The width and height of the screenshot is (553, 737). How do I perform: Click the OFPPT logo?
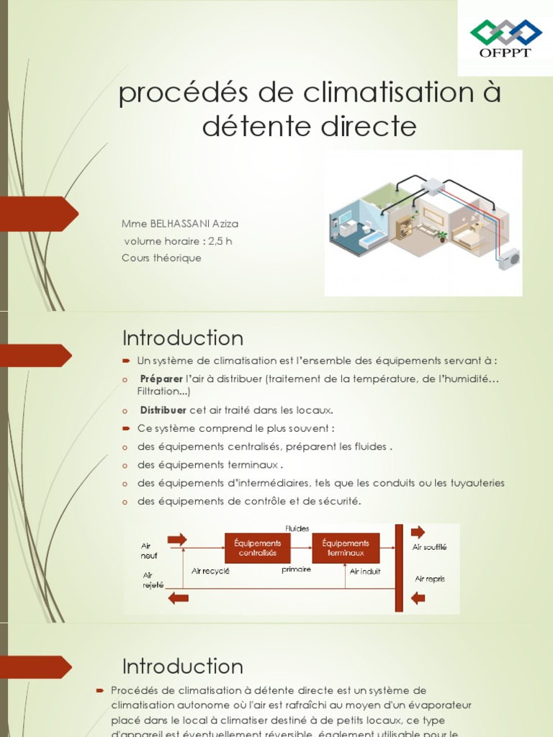click(505, 39)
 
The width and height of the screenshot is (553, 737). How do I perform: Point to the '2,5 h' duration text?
click(220, 241)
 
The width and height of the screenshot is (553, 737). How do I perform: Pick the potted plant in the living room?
click(441, 235)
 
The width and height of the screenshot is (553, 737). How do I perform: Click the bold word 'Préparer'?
click(161, 379)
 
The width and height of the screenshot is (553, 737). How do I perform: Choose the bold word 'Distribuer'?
click(163, 410)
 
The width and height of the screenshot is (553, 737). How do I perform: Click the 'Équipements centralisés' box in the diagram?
click(257, 548)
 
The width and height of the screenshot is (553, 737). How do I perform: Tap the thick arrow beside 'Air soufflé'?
click(418, 533)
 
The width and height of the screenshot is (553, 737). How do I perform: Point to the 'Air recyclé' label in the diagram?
click(210, 571)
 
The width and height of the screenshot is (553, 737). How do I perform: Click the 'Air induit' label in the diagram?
click(365, 571)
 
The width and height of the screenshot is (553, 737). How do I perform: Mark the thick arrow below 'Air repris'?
click(418, 598)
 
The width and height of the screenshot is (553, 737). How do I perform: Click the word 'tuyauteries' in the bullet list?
click(477, 483)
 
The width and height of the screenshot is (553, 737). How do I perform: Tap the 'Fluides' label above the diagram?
click(297, 528)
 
